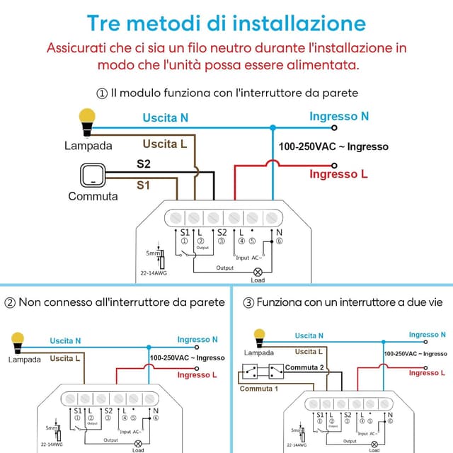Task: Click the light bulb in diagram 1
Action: (87, 120)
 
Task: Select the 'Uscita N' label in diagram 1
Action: (165, 117)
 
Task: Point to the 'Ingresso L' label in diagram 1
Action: (339, 173)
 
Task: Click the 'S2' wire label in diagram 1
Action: (144, 164)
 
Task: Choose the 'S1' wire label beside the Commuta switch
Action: (144, 185)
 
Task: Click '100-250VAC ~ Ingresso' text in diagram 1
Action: (333, 147)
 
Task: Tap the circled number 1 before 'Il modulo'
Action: (102, 93)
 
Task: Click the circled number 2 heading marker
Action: (10, 302)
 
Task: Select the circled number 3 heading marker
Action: (248, 302)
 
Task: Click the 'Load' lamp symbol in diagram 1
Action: (258, 271)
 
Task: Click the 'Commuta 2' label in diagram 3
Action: (304, 367)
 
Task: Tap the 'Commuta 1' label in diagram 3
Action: (258, 389)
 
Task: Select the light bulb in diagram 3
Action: (259, 336)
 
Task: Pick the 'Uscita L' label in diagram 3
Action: (309, 352)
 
